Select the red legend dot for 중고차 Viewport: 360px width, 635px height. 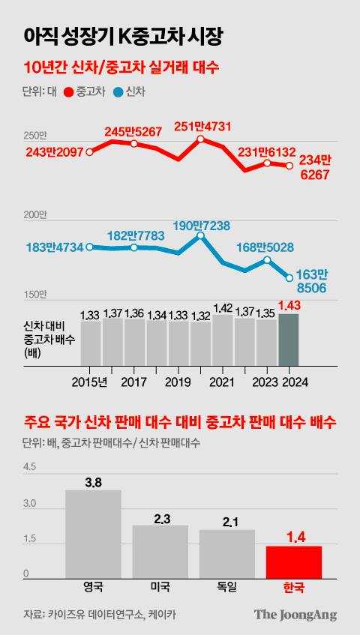click(70, 92)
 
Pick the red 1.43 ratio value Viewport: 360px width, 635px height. click(289, 305)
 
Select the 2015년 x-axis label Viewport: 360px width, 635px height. click(90, 382)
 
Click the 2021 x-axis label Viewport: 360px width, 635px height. click(222, 382)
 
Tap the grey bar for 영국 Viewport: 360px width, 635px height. click(93, 533)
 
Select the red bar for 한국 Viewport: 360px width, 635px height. click(294, 561)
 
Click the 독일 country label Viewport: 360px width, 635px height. click(226, 587)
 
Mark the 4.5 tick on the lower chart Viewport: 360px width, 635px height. click(30, 466)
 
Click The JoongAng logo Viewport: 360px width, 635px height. click(295, 615)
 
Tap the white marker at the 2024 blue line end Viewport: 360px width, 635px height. click(289, 277)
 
